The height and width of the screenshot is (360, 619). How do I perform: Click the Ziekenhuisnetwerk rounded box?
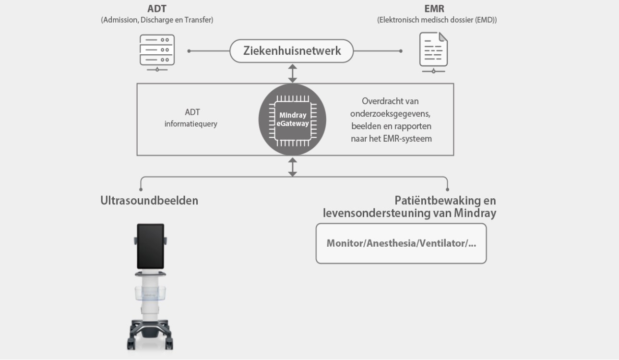[x=292, y=51]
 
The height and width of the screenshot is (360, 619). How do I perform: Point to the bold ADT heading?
[x=157, y=9]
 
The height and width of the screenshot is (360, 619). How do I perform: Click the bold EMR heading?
[x=434, y=9]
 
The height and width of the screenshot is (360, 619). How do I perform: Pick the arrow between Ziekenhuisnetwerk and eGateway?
[x=292, y=73]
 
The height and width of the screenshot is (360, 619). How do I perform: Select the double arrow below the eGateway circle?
[x=292, y=167]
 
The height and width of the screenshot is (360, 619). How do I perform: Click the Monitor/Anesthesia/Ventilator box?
[x=401, y=243]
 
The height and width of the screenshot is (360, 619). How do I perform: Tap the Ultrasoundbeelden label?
[x=149, y=201]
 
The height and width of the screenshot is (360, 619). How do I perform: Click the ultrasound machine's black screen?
[x=151, y=246]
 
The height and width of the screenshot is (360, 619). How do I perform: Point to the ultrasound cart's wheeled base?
[x=150, y=331]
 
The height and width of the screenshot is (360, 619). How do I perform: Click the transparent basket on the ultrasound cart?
[x=151, y=292]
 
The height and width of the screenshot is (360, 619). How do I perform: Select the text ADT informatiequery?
[x=191, y=118]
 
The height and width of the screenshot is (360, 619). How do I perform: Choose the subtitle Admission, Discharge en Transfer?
[x=157, y=20]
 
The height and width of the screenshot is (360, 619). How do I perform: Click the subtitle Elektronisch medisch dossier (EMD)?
[x=437, y=20]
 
